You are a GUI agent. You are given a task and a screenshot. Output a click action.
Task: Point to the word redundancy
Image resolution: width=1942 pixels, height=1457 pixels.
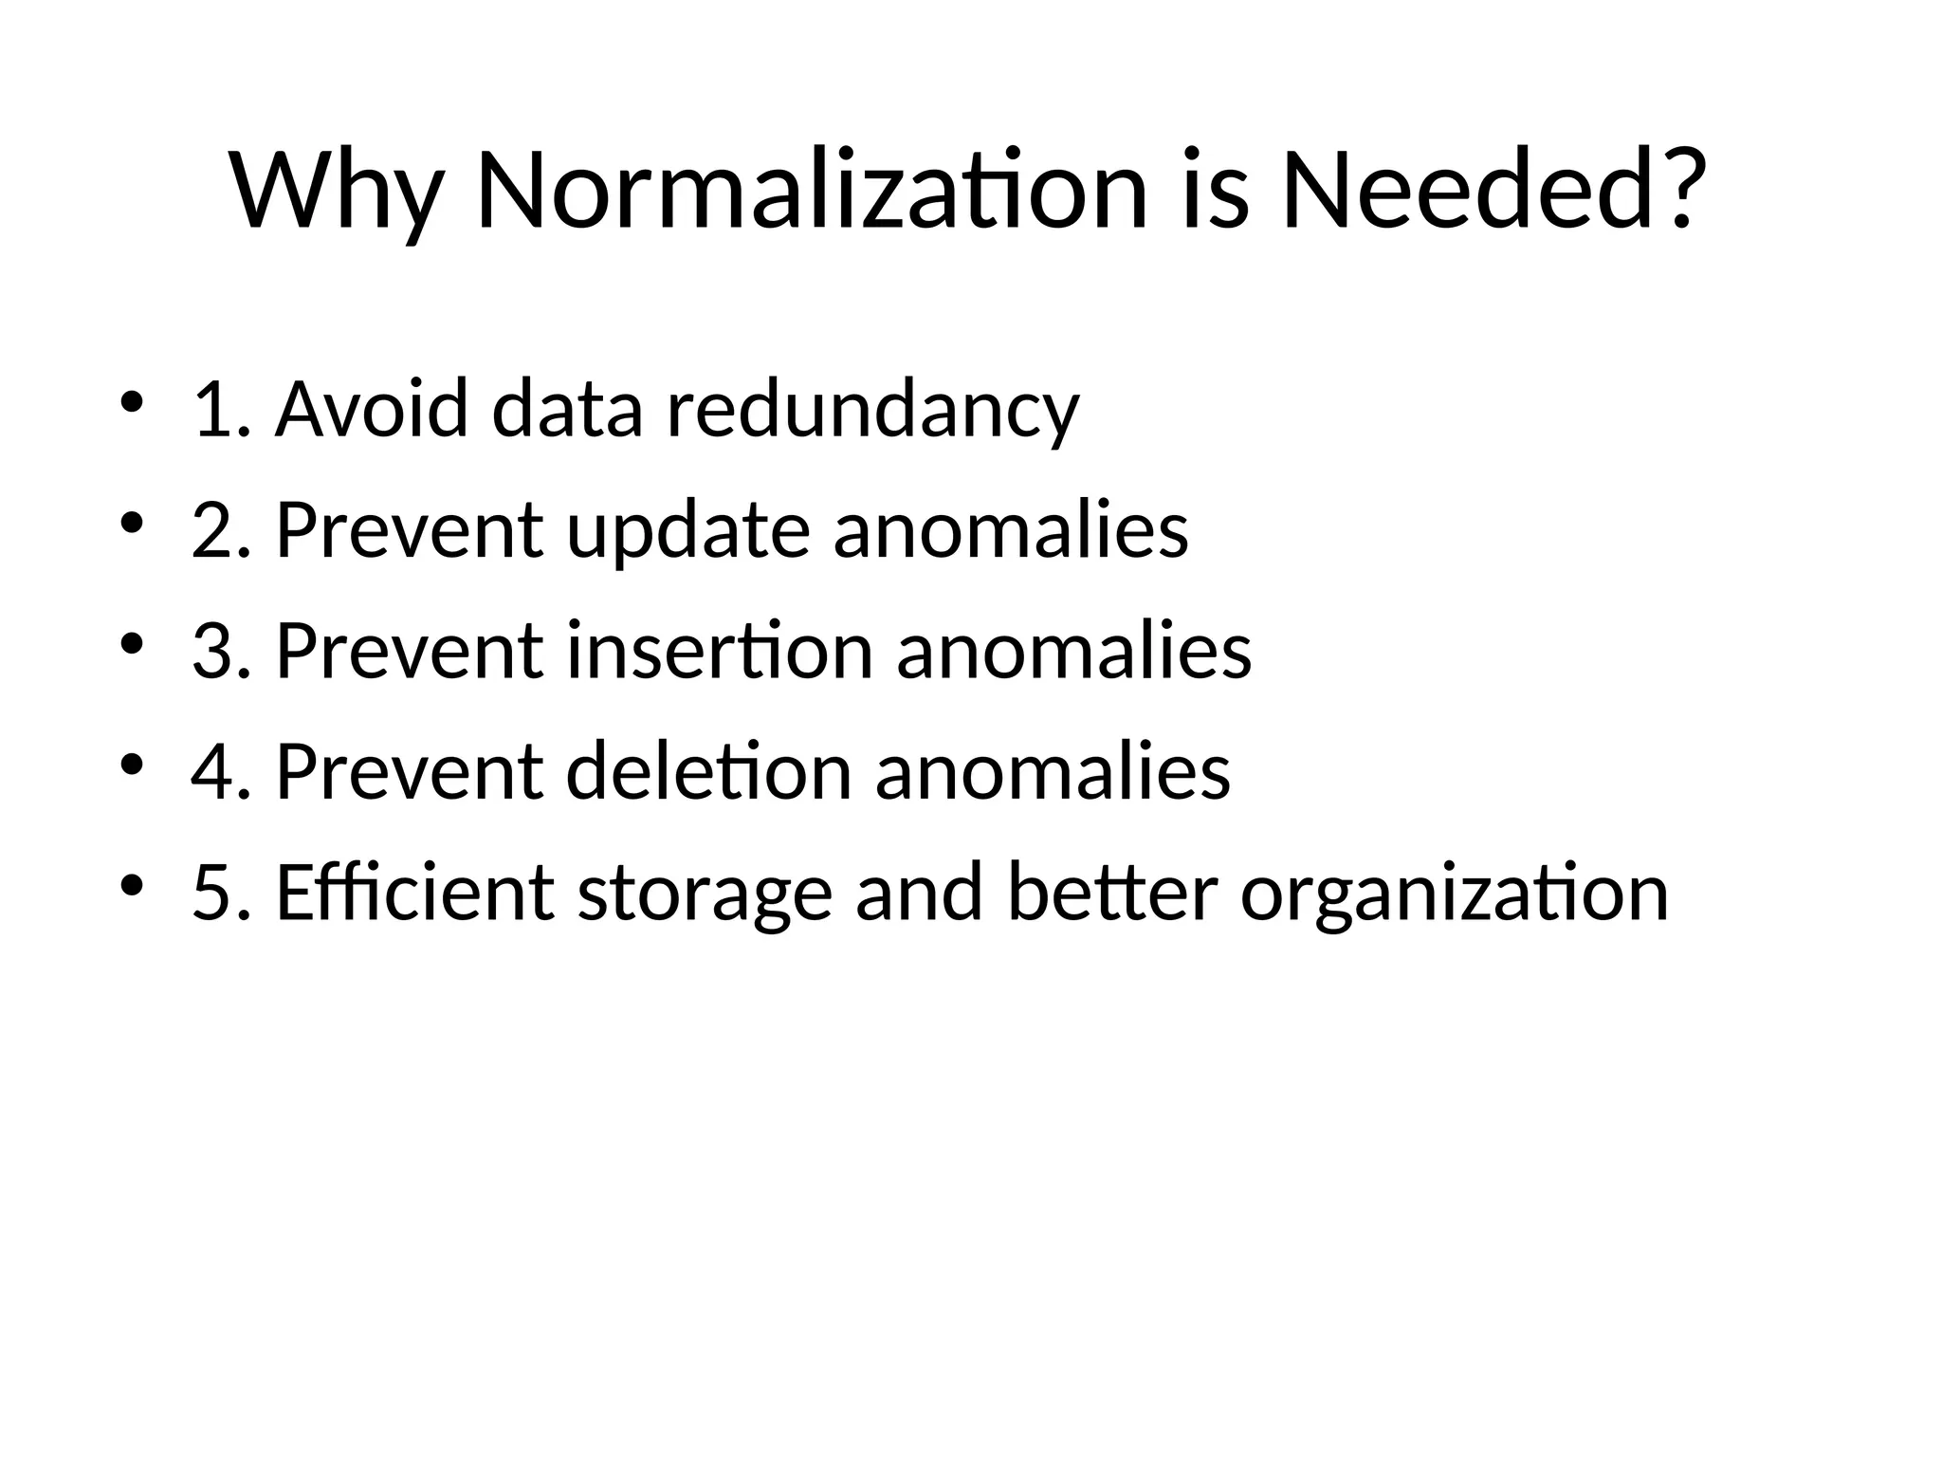[x=873, y=410]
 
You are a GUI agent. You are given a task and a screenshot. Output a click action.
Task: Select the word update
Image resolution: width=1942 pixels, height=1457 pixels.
[x=688, y=530]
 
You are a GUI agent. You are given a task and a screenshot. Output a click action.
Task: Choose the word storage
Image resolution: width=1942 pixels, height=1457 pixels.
[x=705, y=894]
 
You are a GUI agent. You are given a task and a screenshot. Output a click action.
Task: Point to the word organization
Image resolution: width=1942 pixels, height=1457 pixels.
[x=1454, y=894]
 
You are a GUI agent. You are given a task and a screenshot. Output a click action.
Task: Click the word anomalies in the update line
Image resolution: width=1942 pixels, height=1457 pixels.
[x=1011, y=530]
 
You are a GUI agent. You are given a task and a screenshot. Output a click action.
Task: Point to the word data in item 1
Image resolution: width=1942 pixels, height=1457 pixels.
[x=568, y=410]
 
